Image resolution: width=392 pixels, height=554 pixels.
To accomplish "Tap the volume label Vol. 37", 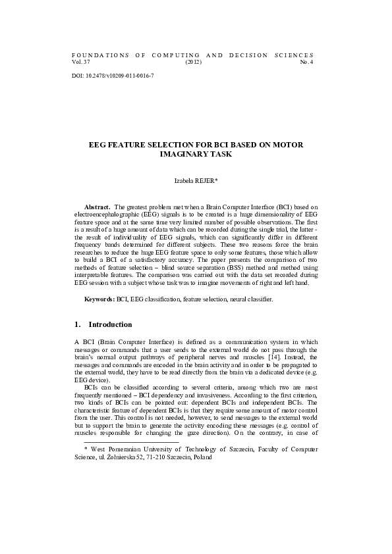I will click(80, 62).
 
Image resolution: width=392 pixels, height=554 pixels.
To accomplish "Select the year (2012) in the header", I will click(194, 62).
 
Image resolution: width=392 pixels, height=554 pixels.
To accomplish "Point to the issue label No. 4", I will click(307, 62).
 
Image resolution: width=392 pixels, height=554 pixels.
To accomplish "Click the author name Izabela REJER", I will click(195, 179).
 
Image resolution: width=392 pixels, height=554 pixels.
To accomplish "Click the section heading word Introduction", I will click(110, 325).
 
